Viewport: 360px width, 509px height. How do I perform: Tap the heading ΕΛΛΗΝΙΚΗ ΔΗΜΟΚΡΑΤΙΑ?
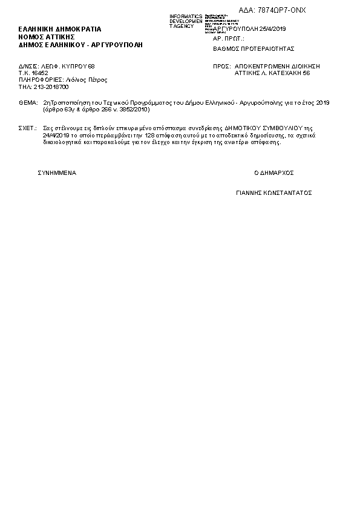[60, 29]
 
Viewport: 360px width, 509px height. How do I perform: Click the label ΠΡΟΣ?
[221, 65]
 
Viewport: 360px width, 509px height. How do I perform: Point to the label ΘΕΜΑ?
[28, 103]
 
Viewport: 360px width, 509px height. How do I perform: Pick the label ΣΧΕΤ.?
[28, 129]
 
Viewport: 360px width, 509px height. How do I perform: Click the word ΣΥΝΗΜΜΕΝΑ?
[57, 173]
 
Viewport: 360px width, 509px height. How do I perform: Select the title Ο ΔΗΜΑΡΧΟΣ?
[273, 173]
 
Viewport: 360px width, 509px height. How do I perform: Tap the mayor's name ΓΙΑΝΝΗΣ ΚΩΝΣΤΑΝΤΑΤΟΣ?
[273, 193]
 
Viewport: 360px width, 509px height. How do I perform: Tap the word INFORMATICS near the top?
[186, 16]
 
